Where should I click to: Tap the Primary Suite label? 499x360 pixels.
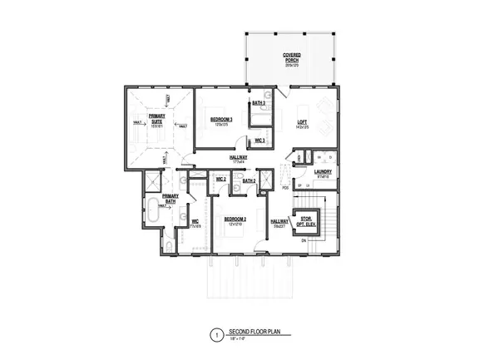[154, 121]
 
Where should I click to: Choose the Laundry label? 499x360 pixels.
[324, 172]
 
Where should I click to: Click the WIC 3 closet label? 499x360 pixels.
[259, 141]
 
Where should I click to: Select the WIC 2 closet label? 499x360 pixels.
[221, 179]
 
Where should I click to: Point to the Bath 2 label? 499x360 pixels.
[249, 179]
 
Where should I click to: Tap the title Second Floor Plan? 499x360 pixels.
[253, 333]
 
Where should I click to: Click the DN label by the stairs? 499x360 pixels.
[304, 240]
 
